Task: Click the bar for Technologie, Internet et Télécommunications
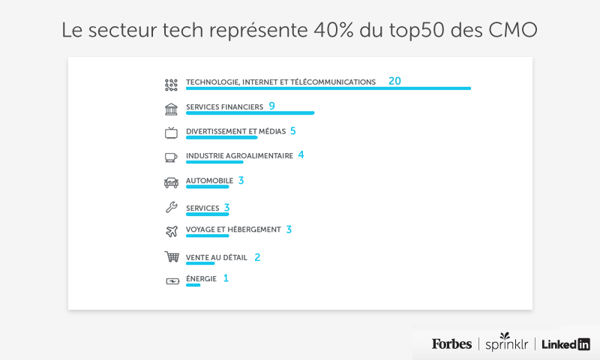pos(328,88)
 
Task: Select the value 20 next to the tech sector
pos(394,81)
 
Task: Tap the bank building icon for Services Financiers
pos(171,109)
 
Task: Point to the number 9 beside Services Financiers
pos(271,106)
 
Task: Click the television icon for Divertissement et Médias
pos(171,133)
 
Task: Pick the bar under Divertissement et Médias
pos(221,137)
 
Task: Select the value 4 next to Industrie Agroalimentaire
pos(301,154)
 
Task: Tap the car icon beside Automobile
pos(171,181)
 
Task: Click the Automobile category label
pos(209,181)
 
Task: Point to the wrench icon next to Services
pos(171,208)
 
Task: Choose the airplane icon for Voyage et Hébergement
pos(171,231)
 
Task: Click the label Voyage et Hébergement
pos(233,229)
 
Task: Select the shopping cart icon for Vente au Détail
pos(172,256)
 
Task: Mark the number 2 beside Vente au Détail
pos(257,256)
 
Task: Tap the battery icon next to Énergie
pos(172,281)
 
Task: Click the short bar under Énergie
pos(193,285)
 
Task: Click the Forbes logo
pos(451,344)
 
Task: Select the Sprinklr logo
pos(505,344)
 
